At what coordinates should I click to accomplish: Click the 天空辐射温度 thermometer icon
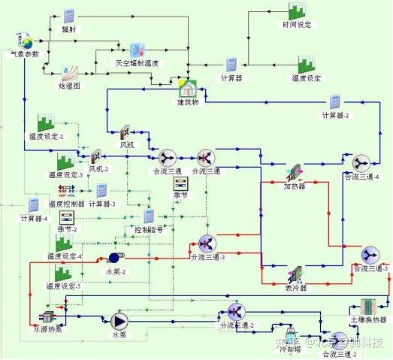(x=137, y=50)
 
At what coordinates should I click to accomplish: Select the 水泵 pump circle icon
(x=119, y=321)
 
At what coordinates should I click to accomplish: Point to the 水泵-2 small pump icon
(x=113, y=260)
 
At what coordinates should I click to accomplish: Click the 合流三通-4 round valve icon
(x=361, y=162)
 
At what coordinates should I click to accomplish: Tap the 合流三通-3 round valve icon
(x=370, y=254)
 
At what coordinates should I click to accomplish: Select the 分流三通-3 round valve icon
(x=207, y=242)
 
